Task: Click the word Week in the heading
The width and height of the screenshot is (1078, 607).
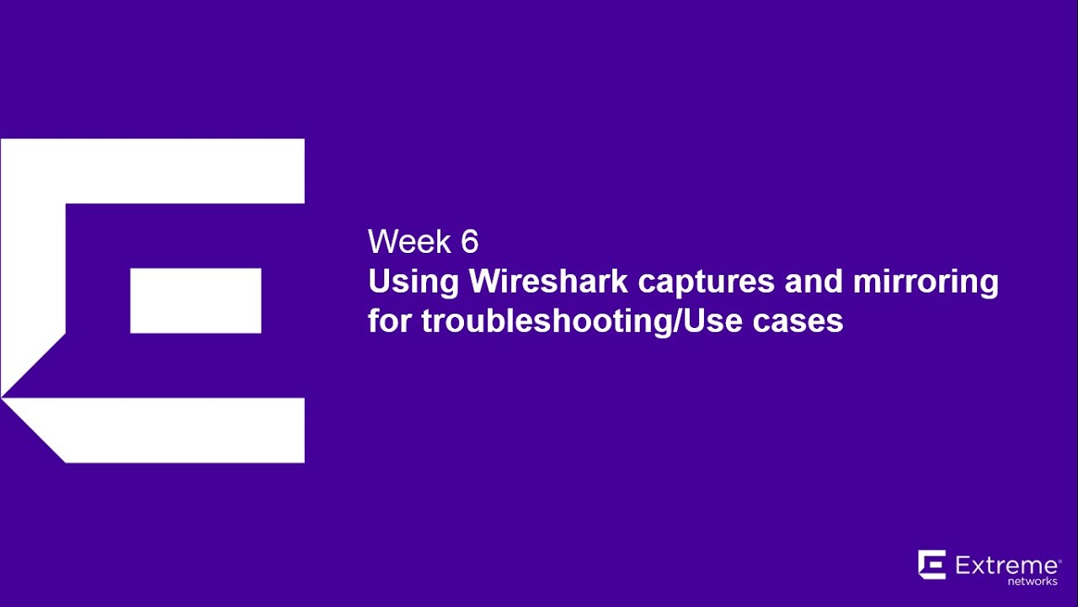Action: point(408,243)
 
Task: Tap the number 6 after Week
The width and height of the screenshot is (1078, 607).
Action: point(469,243)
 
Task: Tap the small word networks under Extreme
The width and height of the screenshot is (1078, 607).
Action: point(1032,581)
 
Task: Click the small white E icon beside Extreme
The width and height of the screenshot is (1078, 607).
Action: point(932,565)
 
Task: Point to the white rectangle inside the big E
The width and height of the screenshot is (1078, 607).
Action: point(195,300)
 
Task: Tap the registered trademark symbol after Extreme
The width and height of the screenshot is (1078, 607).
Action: point(1059,557)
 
